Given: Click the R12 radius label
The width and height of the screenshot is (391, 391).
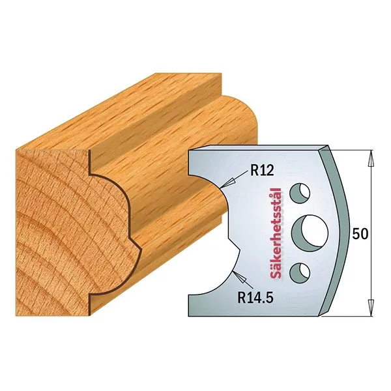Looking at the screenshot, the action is tap(262, 171).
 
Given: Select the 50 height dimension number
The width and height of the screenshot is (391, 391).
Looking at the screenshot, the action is tap(360, 234).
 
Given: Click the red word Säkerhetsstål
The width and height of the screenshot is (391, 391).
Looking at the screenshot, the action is tap(276, 233).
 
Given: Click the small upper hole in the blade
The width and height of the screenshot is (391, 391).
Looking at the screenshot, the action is tap(300, 194).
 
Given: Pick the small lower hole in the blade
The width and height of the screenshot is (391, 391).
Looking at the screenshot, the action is tap(300, 273).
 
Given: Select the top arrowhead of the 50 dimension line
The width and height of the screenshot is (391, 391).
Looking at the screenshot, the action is tap(371, 158).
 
